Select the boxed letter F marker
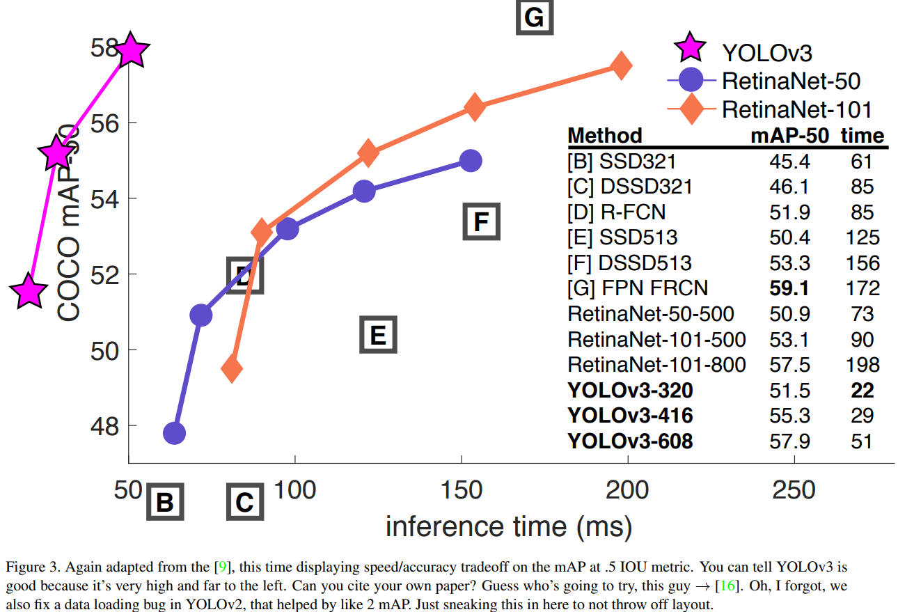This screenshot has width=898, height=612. [x=481, y=222]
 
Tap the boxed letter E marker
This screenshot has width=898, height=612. [x=378, y=335]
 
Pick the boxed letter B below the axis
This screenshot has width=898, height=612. [x=164, y=502]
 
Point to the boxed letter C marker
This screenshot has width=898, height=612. [x=245, y=502]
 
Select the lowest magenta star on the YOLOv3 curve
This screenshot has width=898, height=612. [x=28, y=291]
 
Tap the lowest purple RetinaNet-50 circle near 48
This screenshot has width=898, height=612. [x=174, y=433]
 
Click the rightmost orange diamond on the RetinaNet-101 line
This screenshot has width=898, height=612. [x=620, y=65]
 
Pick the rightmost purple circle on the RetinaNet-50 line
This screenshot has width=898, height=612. [x=471, y=161]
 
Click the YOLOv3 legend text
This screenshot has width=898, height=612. [x=767, y=52]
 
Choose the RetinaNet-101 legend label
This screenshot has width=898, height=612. [x=796, y=109]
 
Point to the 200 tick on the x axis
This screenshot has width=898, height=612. [x=629, y=489]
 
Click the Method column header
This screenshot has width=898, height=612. [x=604, y=135]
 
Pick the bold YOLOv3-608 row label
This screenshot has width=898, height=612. [x=630, y=441]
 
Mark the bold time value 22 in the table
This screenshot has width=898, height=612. [x=862, y=390]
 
